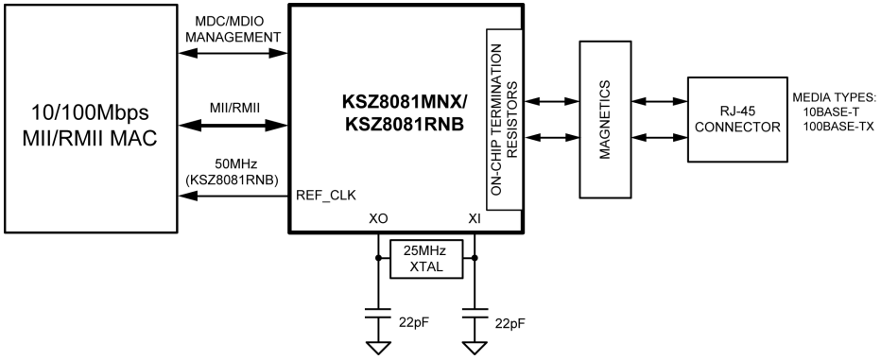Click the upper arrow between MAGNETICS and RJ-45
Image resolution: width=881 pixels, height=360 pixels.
coord(658,100)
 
